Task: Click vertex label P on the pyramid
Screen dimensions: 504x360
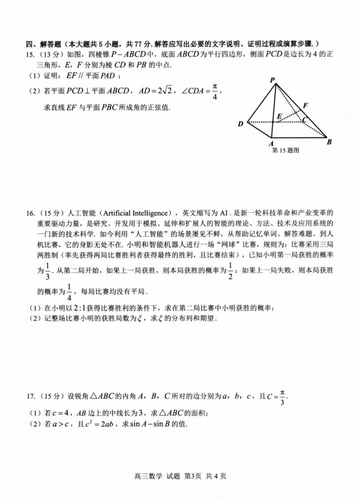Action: (272, 80)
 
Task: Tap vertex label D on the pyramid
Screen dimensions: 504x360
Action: (240, 124)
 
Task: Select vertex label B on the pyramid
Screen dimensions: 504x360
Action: (329, 142)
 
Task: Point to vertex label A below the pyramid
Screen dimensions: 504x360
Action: (271, 143)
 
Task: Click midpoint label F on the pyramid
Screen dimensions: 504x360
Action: (305, 105)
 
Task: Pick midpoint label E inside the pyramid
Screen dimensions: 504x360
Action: (279, 117)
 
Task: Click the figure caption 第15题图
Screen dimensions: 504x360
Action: (286, 151)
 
